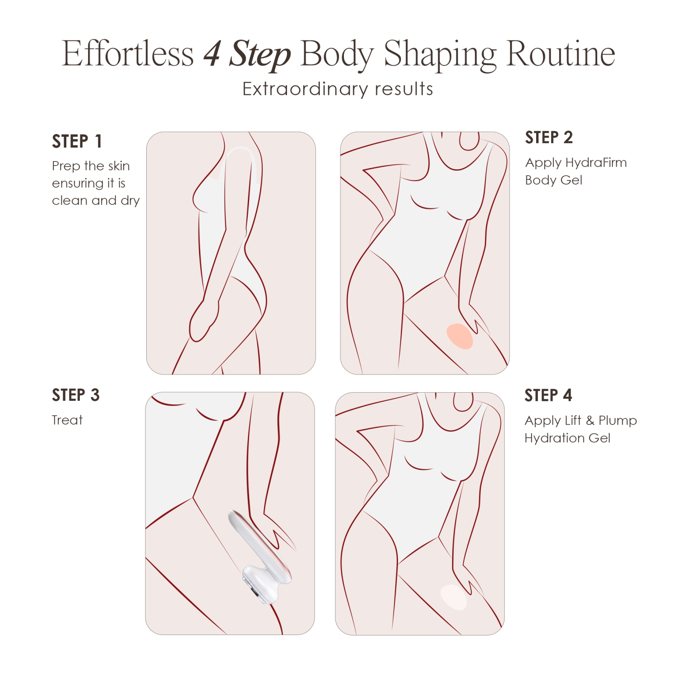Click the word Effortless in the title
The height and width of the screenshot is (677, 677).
[x=128, y=54]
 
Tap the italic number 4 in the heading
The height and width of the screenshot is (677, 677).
[x=212, y=54]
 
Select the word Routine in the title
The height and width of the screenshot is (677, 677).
[x=561, y=54]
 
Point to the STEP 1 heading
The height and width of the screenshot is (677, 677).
[x=77, y=141]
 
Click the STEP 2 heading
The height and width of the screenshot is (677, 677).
[x=549, y=137]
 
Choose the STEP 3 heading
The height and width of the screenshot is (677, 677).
[x=75, y=395]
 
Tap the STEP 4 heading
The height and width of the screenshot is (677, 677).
[x=548, y=395]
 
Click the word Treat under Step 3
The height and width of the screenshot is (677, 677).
[x=67, y=420]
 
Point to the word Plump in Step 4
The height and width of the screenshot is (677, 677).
[x=617, y=421]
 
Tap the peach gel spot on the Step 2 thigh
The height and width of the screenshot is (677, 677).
[x=459, y=336]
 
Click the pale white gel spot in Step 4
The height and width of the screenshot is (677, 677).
[x=453, y=597]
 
